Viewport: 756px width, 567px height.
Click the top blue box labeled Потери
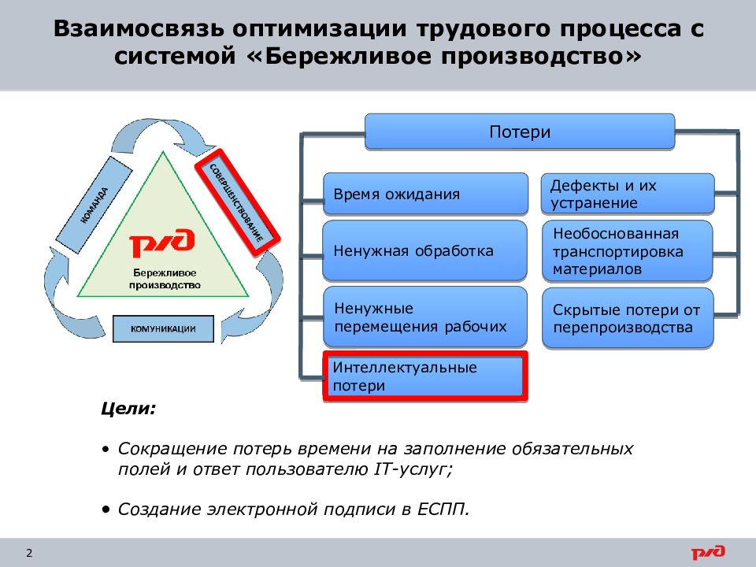point(520,132)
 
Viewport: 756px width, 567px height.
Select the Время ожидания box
point(425,194)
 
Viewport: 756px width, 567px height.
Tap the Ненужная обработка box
point(425,251)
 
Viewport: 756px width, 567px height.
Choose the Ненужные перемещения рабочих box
point(425,317)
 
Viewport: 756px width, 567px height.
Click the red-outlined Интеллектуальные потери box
point(425,376)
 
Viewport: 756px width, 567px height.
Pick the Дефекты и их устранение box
point(628,194)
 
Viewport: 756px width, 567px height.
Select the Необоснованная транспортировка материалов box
point(628,251)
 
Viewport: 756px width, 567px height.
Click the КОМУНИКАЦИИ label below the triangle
point(163,328)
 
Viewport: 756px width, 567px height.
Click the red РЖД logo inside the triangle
point(162,245)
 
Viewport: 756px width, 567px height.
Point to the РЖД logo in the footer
point(709,553)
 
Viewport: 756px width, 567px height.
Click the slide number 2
point(29,553)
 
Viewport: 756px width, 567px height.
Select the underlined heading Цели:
point(128,409)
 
